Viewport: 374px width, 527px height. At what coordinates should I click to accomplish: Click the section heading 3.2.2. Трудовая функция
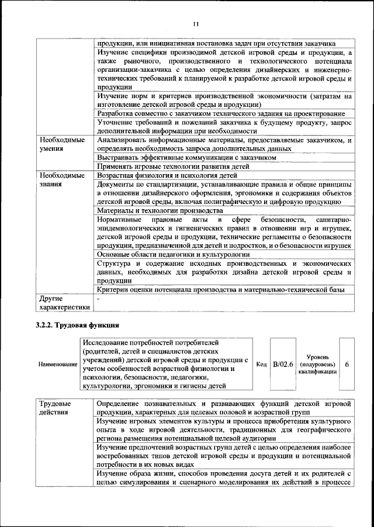(78, 325)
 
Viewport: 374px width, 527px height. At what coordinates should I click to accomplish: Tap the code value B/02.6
(282, 365)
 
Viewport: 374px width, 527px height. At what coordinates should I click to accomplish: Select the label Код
(262, 365)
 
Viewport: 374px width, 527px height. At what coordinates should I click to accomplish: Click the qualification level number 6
(347, 365)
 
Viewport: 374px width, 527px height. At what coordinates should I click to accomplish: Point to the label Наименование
(58, 365)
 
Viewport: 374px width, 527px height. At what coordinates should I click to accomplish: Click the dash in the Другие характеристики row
(99, 299)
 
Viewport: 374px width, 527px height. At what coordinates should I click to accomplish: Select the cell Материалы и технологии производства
(160, 210)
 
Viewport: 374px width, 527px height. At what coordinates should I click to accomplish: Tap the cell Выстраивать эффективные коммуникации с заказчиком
(186, 158)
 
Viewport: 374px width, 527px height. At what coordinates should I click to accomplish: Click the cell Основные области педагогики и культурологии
(174, 254)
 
